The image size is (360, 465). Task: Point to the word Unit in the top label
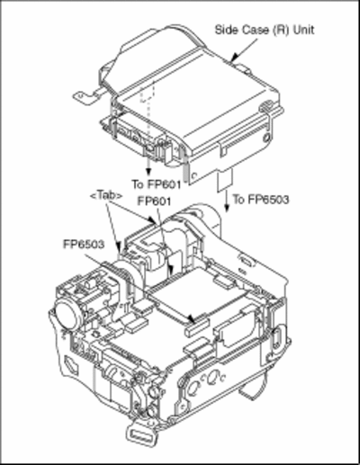pyautogui.click(x=303, y=30)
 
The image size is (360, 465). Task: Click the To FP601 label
pyautogui.click(x=157, y=183)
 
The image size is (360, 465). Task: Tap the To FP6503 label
pyautogui.click(x=261, y=199)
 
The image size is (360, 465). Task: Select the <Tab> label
pyautogui.click(x=106, y=195)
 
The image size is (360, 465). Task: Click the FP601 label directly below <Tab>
pyautogui.click(x=154, y=201)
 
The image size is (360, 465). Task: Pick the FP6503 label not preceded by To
pyautogui.click(x=84, y=244)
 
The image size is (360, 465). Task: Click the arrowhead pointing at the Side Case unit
pyautogui.click(x=235, y=57)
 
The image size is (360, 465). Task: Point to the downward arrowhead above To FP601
pyautogui.click(x=148, y=172)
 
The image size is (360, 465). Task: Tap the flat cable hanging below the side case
pyautogui.click(x=225, y=180)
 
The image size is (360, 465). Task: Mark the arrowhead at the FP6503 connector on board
pyautogui.click(x=191, y=319)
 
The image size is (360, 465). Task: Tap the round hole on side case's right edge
pyautogui.click(x=265, y=139)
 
